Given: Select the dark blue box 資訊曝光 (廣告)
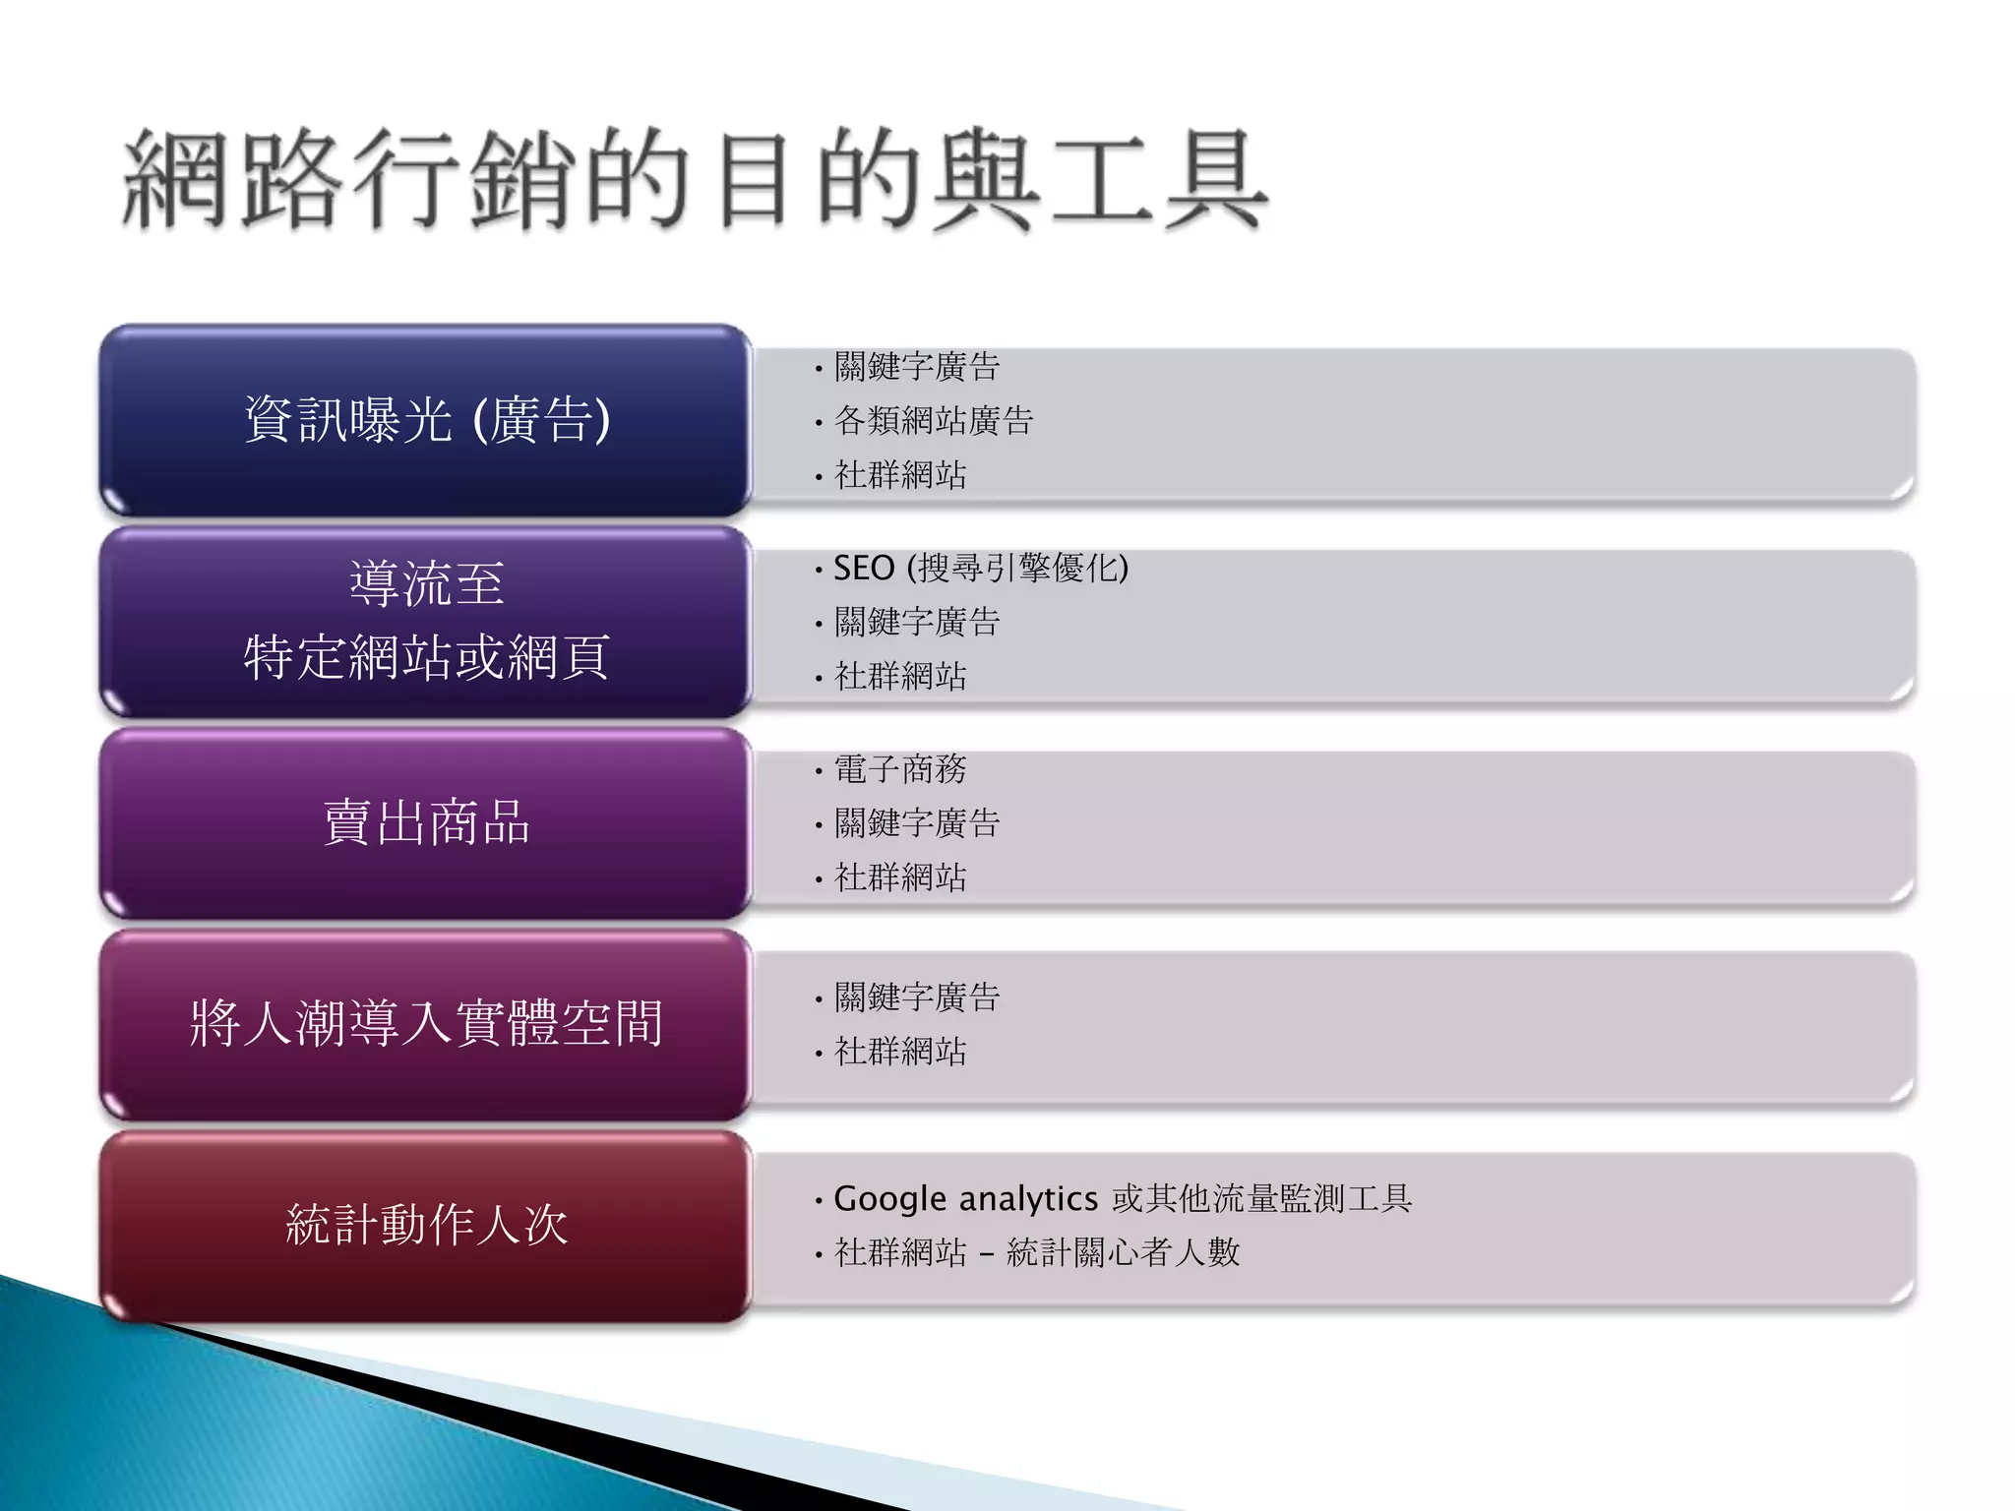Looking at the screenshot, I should [x=426, y=420].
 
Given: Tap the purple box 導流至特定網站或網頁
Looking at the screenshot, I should [x=426, y=622].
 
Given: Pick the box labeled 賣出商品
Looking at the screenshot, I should [x=426, y=823].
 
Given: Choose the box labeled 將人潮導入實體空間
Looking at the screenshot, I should [x=426, y=1024].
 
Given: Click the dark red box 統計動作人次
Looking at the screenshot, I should [x=426, y=1226].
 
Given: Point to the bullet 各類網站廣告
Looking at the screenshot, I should [x=933, y=421].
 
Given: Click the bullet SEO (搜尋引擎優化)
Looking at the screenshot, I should [x=980, y=568].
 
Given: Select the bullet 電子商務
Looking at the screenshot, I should [x=899, y=769].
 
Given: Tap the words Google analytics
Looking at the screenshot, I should [x=965, y=1199].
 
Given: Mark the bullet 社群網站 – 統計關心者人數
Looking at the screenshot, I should [x=1036, y=1252].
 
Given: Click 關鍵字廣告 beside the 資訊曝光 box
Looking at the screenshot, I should [x=916, y=367].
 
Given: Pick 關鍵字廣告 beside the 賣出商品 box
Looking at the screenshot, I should [x=916, y=823].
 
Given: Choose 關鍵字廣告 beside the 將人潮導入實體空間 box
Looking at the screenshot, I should [x=916, y=997].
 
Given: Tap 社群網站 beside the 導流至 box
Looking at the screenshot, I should [x=899, y=676].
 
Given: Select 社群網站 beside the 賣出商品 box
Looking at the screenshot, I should [x=899, y=876].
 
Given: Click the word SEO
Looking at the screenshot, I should [x=863, y=568].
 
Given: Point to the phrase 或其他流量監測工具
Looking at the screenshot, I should [x=1261, y=1199].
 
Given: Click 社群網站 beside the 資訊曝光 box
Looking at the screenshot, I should [x=899, y=475].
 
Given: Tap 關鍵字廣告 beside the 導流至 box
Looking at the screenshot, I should [x=916, y=622].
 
